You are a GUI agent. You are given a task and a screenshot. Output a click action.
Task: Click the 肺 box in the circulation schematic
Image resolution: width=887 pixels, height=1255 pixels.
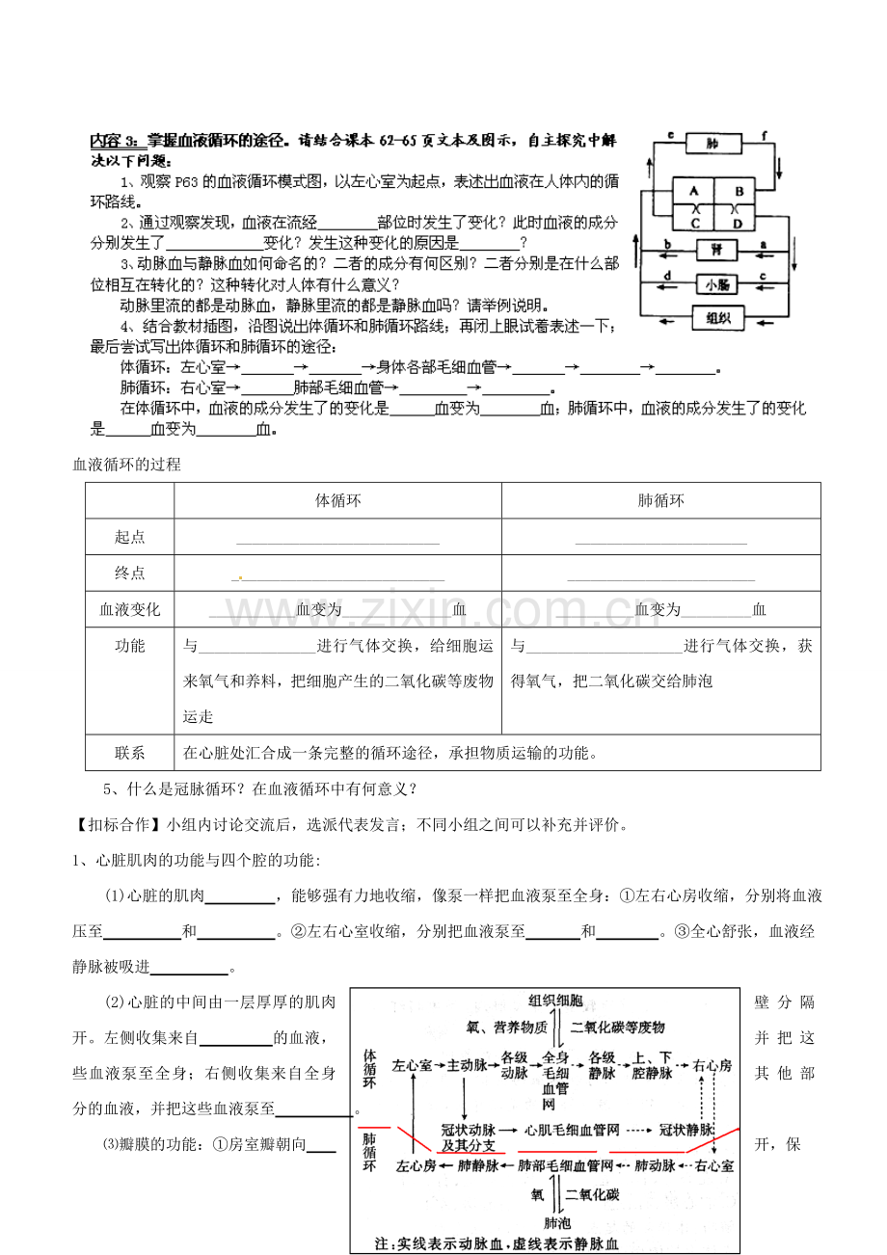click(712, 145)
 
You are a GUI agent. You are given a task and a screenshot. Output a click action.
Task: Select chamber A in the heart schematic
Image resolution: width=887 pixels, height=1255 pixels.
click(691, 190)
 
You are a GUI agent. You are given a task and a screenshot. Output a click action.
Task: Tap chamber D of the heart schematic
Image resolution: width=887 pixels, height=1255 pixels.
click(739, 224)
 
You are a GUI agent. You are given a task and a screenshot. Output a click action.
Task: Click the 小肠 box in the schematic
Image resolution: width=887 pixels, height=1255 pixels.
click(715, 283)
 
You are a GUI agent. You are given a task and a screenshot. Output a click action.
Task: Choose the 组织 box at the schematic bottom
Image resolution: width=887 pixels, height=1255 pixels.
click(717, 318)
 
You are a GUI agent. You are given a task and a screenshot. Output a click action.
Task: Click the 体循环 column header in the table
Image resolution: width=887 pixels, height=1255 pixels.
click(337, 500)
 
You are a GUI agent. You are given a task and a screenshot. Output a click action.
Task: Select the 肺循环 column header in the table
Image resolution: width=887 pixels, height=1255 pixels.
click(660, 500)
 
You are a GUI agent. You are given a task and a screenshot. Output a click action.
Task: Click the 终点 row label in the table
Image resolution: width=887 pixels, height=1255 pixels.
click(129, 573)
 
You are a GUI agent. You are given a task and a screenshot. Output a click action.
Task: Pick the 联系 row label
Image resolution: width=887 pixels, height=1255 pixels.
click(129, 753)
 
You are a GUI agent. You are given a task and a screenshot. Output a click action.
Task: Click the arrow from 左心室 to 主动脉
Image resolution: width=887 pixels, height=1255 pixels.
click(439, 1066)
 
